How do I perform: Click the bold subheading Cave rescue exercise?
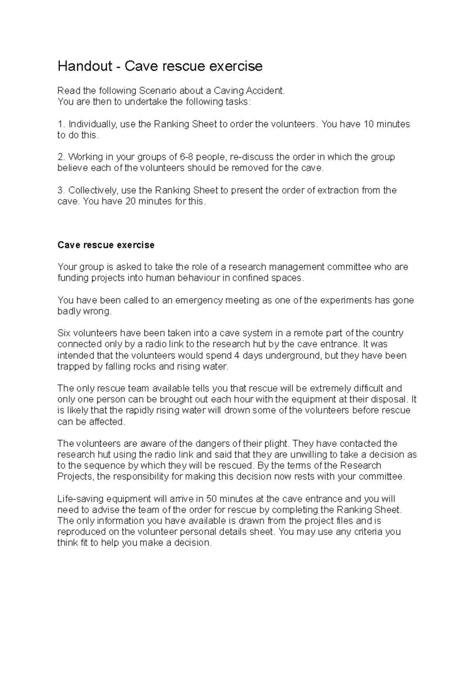(106, 245)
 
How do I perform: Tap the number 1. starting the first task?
(61, 124)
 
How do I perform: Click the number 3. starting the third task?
(61, 190)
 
